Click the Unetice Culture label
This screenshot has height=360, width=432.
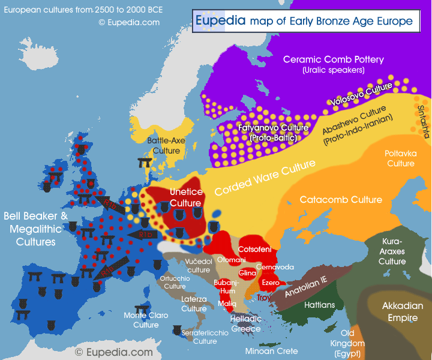pyautogui.click(x=185, y=197)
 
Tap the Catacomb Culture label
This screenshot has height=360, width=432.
pyautogui.click(x=341, y=200)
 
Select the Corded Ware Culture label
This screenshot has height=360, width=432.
pyautogui.click(x=265, y=178)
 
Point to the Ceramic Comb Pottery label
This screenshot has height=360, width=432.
pyautogui.click(x=333, y=64)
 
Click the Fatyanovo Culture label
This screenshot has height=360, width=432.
pyautogui.click(x=273, y=133)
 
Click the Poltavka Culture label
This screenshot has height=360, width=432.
pyautogui.click(x=400, y=158)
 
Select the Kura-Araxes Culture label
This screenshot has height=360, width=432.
pyautogui.click(x=392, y=251)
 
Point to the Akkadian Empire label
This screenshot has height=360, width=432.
pyautogui.click(x=402, y=311)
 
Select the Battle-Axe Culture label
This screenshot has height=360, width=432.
pyautogui.click(x=166, y=145)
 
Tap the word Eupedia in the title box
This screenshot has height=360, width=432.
pyautogui.click(x=220, y=20)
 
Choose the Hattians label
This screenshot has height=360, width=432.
pyautogui.click(x=319, y=305)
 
